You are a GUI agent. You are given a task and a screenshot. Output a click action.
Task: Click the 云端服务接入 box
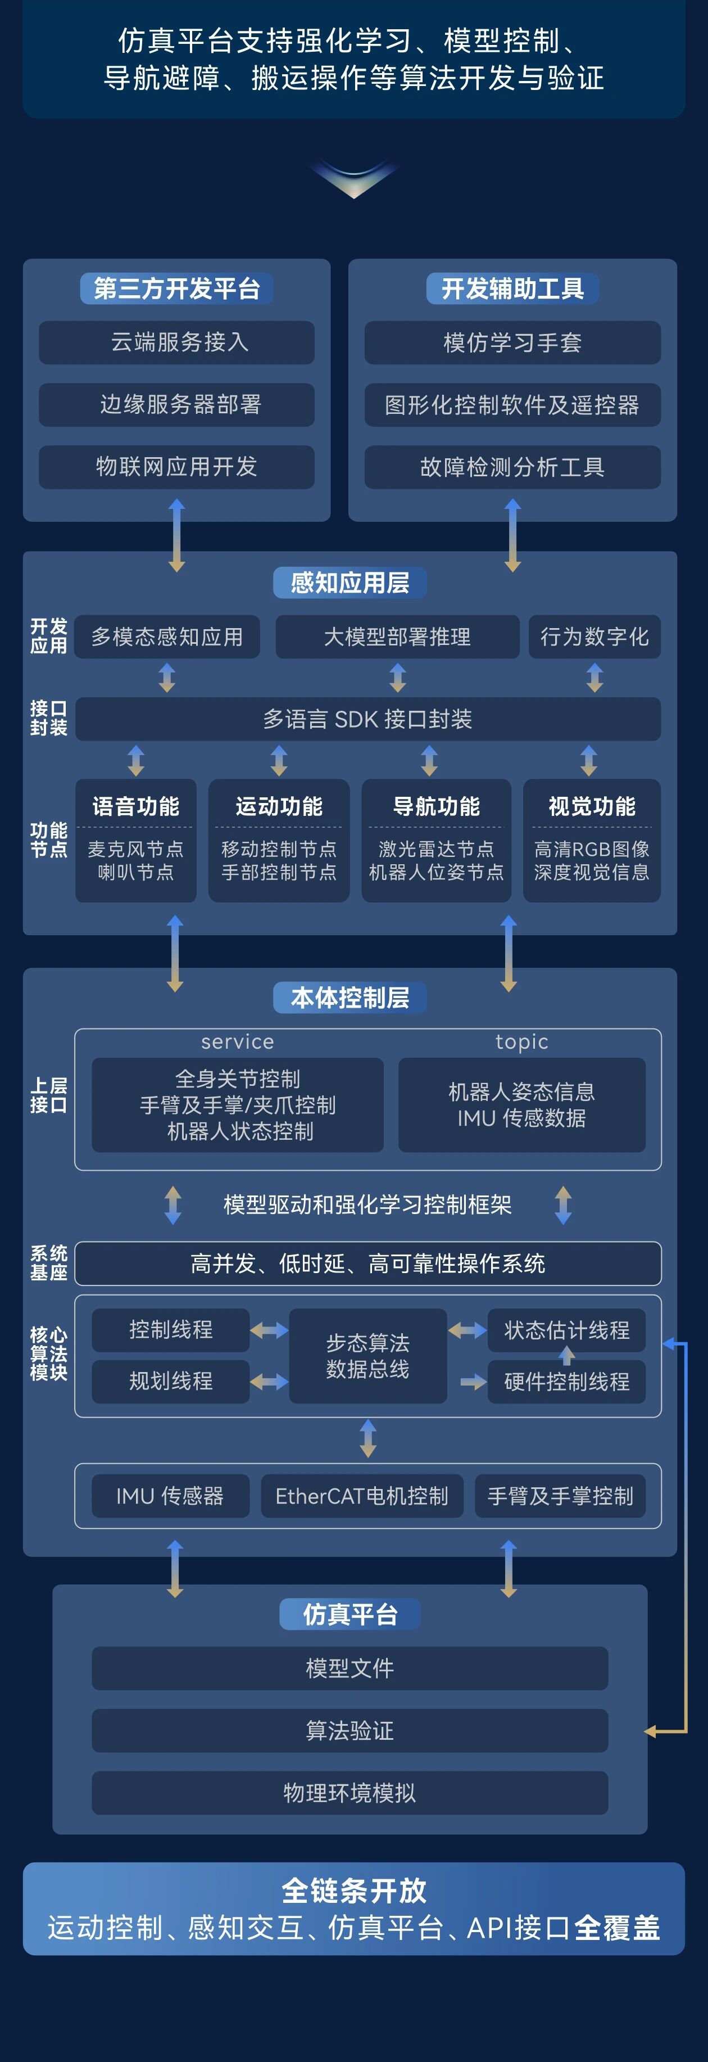177,342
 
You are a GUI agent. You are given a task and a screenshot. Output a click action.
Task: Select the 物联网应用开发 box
177,467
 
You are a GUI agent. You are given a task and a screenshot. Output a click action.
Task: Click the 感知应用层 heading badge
350,583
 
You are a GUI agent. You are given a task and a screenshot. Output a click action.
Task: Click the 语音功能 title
136,806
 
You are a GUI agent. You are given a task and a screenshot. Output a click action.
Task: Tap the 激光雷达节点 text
436,849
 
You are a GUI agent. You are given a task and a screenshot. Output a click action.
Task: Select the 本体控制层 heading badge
350,998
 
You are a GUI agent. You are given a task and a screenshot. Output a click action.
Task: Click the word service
238,1041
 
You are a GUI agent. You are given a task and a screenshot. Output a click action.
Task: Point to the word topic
521,1041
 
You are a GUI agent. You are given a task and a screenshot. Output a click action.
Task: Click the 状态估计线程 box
566,1330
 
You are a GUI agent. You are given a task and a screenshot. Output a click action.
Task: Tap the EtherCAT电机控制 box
362,1496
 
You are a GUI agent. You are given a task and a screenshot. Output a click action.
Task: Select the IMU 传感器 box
170,1496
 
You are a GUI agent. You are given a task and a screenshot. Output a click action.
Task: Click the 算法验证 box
350,1731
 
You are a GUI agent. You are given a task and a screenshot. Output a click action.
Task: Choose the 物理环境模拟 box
350,1793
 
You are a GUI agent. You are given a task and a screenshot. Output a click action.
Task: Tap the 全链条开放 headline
353,1890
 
